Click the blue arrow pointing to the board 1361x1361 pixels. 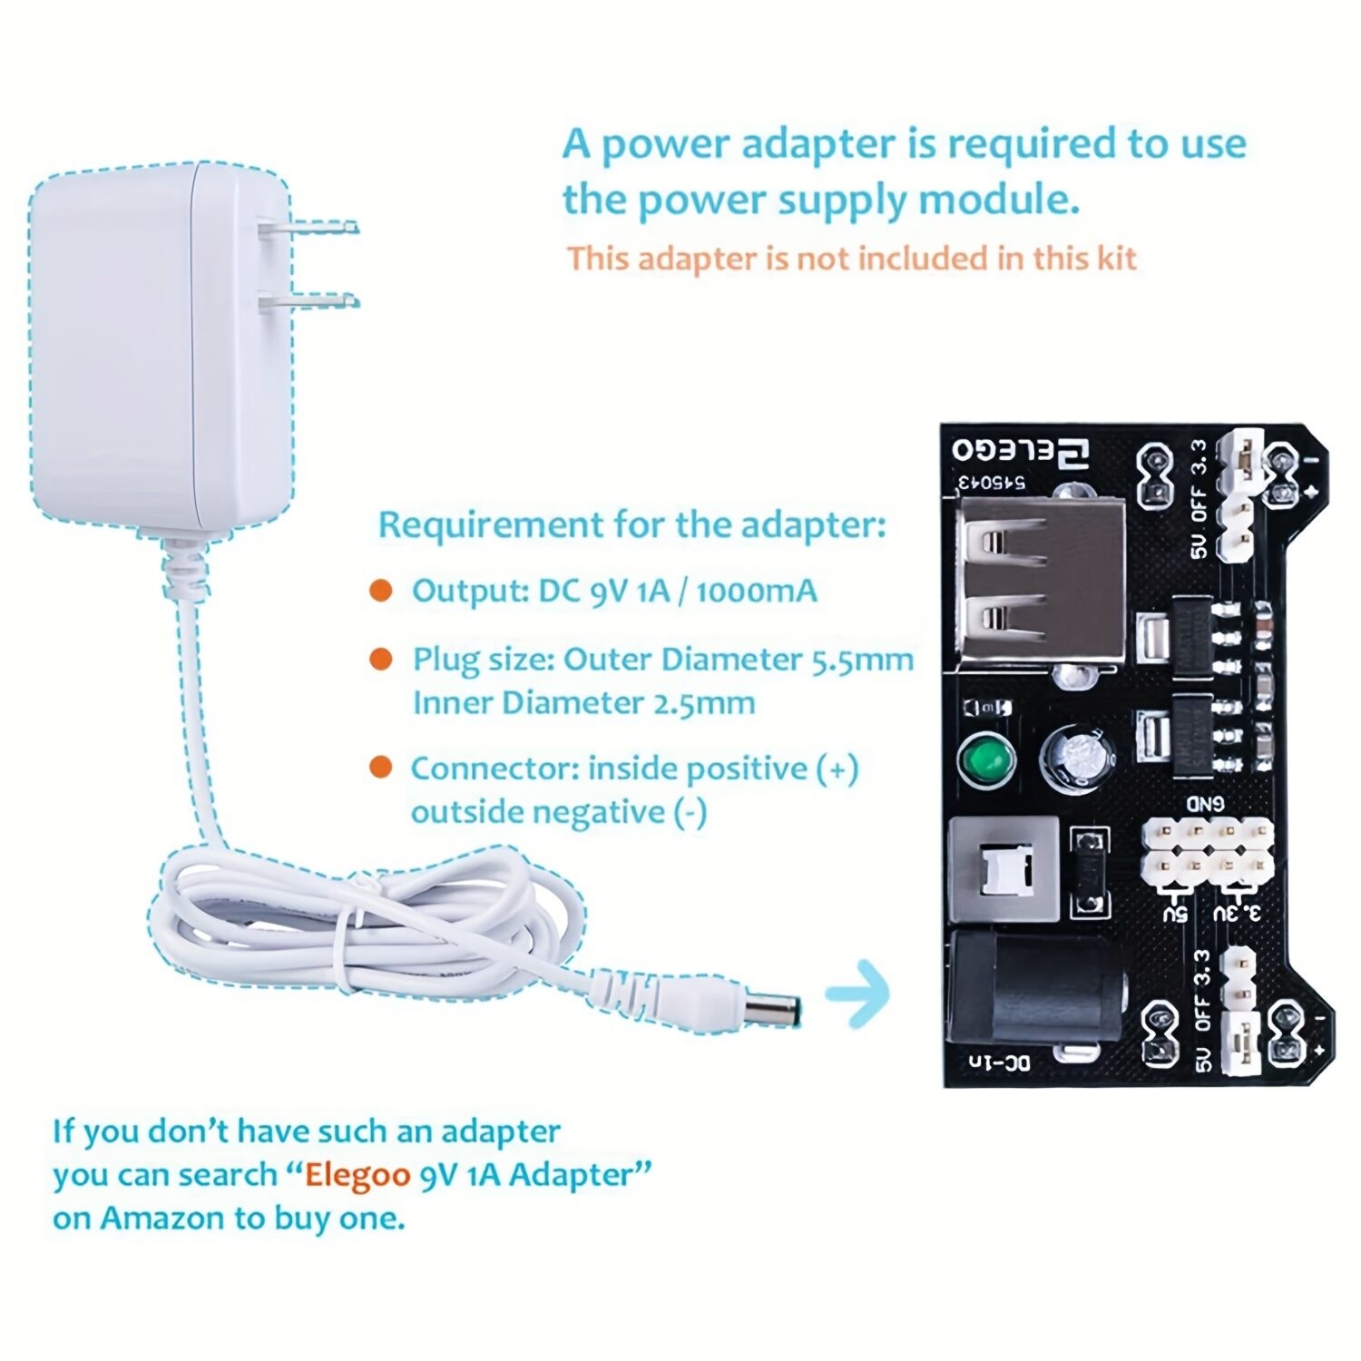[857, 993]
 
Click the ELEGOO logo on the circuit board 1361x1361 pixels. [1022, 451]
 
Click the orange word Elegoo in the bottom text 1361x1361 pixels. [357, 1174]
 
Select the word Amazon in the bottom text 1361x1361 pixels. [163, 1218]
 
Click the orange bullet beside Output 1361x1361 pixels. [381, 592]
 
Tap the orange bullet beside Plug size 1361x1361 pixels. [381, 660]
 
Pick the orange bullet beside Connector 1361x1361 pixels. [381, 768]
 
